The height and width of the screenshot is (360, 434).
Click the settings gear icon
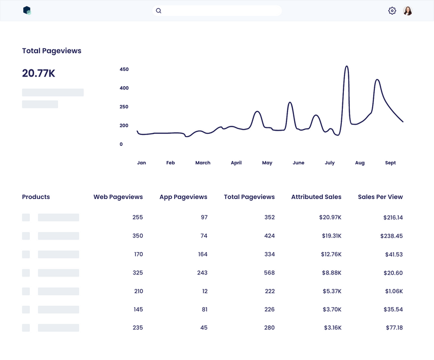click(x=392, y=11)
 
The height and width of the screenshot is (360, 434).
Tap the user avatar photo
click(x=408, y=11)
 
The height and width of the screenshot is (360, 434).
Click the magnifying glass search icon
click(x=158, y=11)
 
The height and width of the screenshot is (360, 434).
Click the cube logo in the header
click(x=27, y=10)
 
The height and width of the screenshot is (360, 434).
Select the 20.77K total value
click(x=39, y=73)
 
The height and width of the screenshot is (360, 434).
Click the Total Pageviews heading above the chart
click(x=52, y=51)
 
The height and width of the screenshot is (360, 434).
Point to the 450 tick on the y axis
click(x=124, y=69)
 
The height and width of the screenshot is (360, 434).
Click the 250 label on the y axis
click(x=124, y=107)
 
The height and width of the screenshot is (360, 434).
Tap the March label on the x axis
click(x=203, y=163)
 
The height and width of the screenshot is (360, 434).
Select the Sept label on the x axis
click(x=391, y=163)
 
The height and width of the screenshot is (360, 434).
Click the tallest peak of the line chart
click(x=347, y=67)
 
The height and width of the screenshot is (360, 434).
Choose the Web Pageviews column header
click(x=118, y=197)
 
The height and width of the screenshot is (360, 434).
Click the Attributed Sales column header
click(x=316, y=197)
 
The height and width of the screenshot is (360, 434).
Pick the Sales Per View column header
click(x=380, y=197)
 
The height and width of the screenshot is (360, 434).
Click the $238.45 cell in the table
click(x=392, y=236)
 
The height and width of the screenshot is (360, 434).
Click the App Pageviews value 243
click(x=202, y=273)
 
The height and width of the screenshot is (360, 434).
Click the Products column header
click(x=36, y=197)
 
